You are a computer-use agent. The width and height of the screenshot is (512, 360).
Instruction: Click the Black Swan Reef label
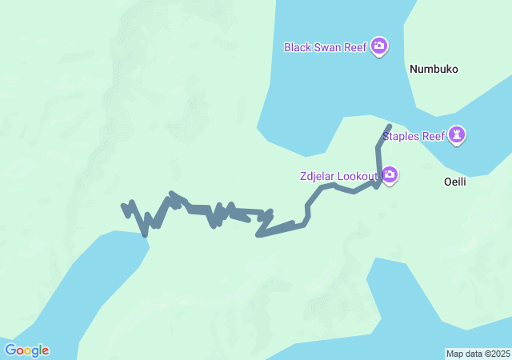pyautogui.click(x=326, y=47)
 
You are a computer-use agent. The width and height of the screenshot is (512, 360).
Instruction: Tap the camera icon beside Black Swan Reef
pyautogui.click(x=380, y=46)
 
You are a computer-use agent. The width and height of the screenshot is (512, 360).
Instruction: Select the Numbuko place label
pyautogui.click(x=434, y=70)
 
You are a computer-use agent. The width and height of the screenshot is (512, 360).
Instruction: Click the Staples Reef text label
pyautogui.click(x=413, y=135)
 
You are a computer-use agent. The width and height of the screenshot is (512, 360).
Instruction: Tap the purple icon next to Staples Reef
pyautogui.click(x=457, y=134)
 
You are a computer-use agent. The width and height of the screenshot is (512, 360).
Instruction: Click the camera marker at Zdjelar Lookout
pyautogui.click(x=390, y=174)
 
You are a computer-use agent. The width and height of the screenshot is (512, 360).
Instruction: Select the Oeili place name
pyautogui.click(x=454, y=182)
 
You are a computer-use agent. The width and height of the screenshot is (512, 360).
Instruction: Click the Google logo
pyautogui.click(x=26, y=350)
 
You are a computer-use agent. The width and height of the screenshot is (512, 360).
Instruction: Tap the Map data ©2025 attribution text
pyautogui.click(x=478, y=354)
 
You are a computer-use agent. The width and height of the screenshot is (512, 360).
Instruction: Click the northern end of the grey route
pyautogui.click(x=390, y=126)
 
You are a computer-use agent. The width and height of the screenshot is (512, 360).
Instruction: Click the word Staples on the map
pyautogui.click(x=401, y=135)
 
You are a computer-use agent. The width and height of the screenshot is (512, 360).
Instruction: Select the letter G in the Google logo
pyautogui.click(x=10, y=350)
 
